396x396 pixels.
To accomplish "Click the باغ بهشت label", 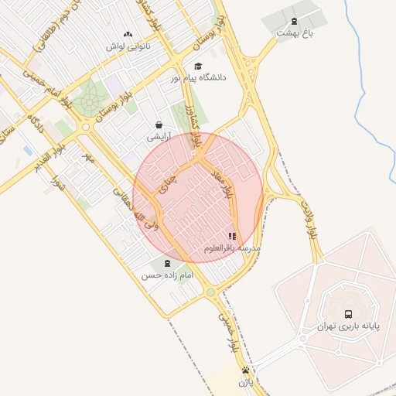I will [294, 34].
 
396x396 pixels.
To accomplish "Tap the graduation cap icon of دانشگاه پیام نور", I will [198, 67].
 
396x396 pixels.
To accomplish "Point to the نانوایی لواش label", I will [126, 46].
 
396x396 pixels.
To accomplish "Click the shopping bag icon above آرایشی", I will [159, 125].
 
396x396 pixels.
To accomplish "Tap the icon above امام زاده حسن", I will [168, 264].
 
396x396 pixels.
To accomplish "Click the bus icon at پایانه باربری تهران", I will [348, 314].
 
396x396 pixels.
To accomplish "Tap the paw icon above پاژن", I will [245, 370].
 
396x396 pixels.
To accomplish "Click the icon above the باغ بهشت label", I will [293, 21].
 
